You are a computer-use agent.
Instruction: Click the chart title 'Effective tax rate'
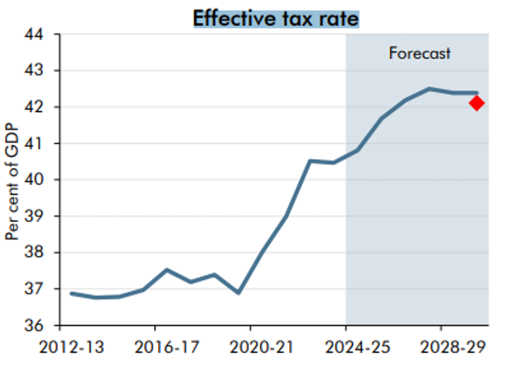(x=276, y=18)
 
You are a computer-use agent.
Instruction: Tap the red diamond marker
(x=476, y=103)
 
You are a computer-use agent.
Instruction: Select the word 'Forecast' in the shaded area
(x=419, y=53)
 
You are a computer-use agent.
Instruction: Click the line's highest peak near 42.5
(x=429, y=89)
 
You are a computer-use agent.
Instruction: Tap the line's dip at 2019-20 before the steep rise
(x=238, y=293)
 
